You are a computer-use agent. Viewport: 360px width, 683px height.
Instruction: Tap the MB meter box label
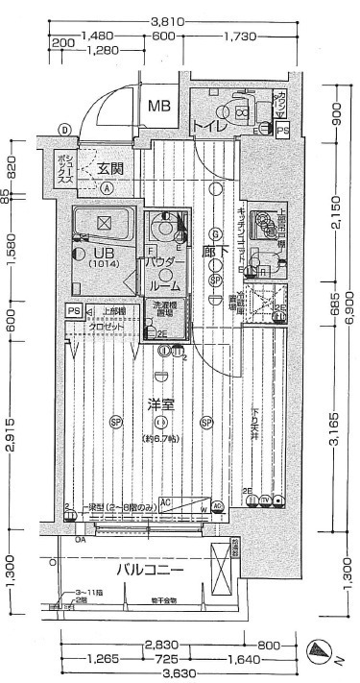pos(159,106)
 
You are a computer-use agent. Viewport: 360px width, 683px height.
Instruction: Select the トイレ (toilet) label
pos(208,126)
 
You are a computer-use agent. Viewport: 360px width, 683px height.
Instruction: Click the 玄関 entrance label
pos(109,168)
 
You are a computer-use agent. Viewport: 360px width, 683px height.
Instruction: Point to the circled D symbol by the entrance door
pos(64,129)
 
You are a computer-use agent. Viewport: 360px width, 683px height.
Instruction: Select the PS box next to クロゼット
pos(73,311)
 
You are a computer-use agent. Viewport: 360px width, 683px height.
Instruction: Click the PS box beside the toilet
pos(282,131)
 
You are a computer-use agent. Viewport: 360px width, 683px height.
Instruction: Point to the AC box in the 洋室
pos(166,502)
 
